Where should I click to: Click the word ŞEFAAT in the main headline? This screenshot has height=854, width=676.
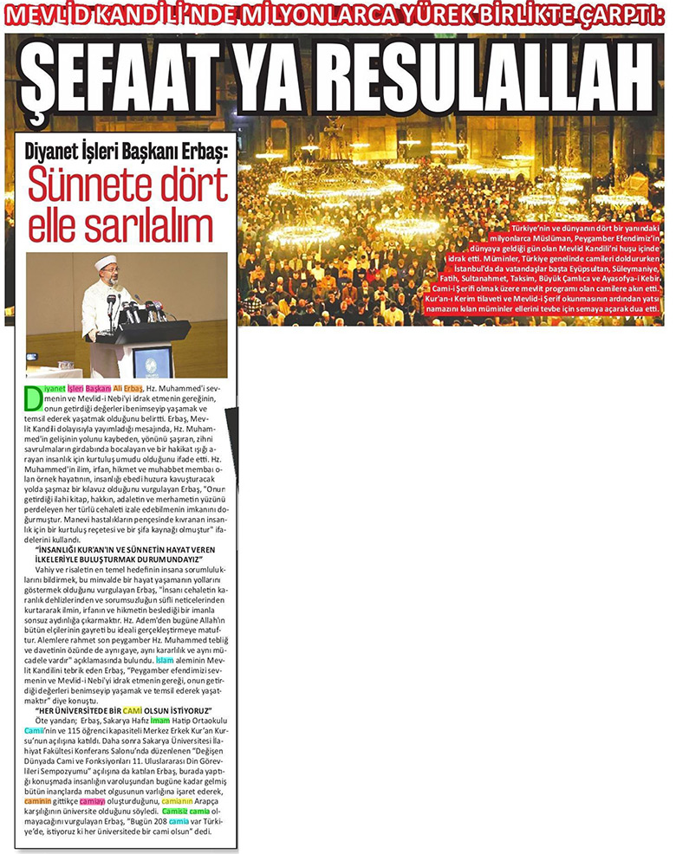[121, 79]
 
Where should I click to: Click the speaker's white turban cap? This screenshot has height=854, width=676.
[106, 263]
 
